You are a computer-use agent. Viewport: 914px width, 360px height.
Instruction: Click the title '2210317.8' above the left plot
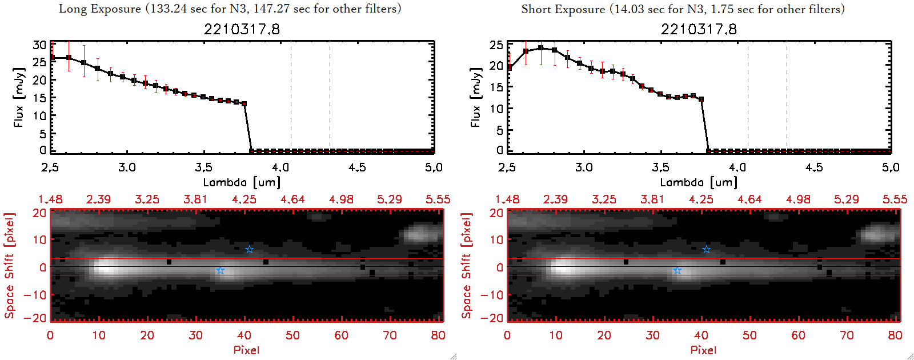[x=242, y=29]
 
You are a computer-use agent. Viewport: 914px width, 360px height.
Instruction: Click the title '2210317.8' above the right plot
[x=699, y=29]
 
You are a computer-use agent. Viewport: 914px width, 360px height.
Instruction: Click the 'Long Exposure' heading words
[x=100, y=9]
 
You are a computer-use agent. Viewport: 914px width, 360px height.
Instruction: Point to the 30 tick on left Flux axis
[x=39, y=45]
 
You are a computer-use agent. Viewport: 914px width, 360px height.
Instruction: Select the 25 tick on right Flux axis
[x=496, y=45]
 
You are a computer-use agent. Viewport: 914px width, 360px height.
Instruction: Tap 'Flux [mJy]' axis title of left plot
[x=19, y=97]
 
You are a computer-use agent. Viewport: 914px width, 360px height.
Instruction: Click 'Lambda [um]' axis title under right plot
[x=699, y=182]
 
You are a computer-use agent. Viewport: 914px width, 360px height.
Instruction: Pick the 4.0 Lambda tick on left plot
[x=280, y=167]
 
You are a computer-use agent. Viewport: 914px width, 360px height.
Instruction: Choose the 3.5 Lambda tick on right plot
[x=660, y=167]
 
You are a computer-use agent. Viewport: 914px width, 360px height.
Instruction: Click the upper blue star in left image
[x=249, y=250]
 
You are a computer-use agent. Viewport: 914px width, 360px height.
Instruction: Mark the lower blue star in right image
[x=677, y=271]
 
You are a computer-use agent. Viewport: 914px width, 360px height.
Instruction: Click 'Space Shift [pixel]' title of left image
[x=9, y=266]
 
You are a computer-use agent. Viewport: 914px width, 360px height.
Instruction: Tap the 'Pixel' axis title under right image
[x=703, y=350]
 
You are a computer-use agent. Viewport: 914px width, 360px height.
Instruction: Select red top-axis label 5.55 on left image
[x=438, y=199]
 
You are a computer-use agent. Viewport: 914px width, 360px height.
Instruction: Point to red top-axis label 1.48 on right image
[x=507, y=199]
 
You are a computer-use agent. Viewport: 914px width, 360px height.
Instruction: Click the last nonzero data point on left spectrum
[x=244, y=104]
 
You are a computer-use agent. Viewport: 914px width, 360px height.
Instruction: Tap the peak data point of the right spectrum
[x=540, y=48]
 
